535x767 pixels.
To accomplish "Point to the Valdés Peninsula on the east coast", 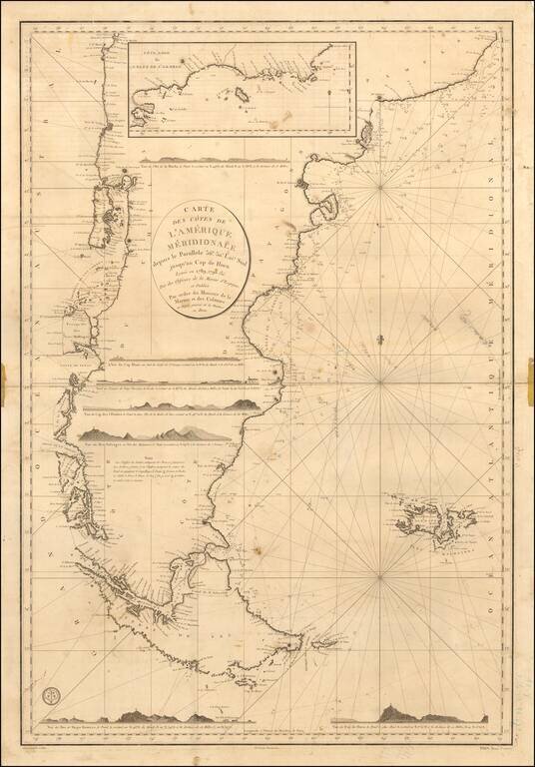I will pos(324,220).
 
